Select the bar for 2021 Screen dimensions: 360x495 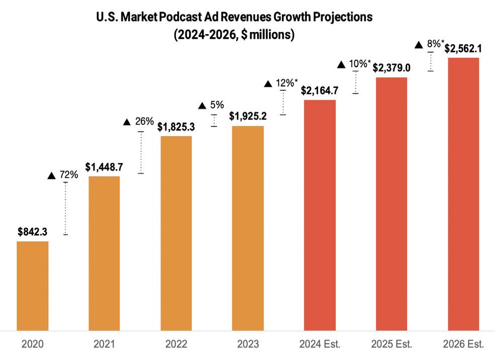point(104,253)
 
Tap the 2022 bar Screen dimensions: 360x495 point(176,233)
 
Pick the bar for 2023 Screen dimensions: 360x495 point(248,228)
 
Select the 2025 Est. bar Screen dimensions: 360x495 point(391,203)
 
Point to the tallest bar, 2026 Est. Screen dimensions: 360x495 point(463,194)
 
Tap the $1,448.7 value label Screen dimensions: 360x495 point(104,167)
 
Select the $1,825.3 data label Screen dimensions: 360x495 point(176,127)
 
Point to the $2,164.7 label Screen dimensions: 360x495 point(320,91)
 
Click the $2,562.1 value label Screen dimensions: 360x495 point(463,49)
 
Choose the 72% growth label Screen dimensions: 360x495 point(63,175)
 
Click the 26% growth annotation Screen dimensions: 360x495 point(139,122)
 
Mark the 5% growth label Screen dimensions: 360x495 point(211,105)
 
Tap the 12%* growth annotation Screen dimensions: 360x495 point(281,83)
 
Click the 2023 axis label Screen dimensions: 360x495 point(248,344)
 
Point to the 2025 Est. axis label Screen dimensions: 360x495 point(391,344)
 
